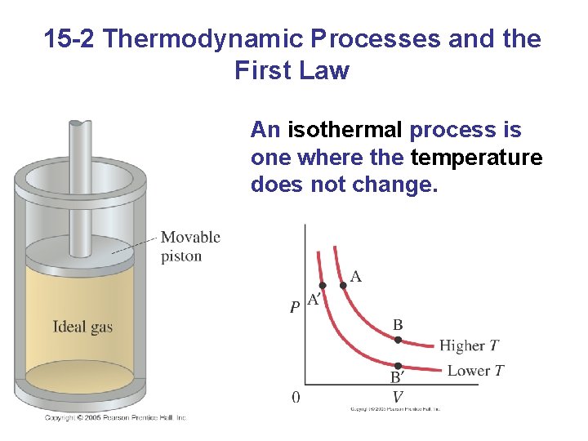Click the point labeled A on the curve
(343, 286)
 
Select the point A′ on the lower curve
(322, 285)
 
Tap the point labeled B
(398, 339)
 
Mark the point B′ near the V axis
(398, 365)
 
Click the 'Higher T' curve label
(470, 345)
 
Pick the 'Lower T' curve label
(475, 371)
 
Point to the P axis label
(294, 308)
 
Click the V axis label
(398, 397)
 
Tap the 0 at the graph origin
(296, 397)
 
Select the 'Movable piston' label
(189, 246)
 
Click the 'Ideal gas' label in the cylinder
(82, 327)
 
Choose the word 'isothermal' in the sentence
(345, 130)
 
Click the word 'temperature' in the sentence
(476, 157)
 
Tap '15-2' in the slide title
(71, 38)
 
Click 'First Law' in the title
(292, 70)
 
